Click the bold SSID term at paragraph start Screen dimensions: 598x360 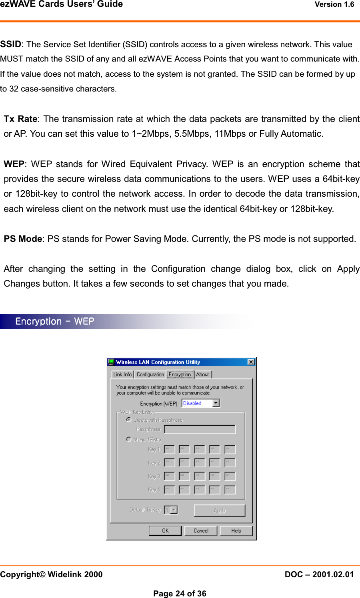[11, 44]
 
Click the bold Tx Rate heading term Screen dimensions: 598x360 [20, 119]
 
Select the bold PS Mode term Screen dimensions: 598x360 [23, 239]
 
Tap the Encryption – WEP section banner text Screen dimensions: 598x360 [55, 322]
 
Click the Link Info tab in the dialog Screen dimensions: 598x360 [122, 375]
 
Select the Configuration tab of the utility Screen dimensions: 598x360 [150, 375]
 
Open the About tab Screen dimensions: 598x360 [202, 375]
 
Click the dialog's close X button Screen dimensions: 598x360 [251, 362]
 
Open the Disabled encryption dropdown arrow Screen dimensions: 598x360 [216, 403]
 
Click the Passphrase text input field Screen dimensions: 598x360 [200, 429]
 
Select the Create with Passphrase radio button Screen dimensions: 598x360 [129, 420]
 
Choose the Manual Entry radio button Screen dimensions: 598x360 [129, 439]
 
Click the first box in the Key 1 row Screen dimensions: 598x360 [169, 449]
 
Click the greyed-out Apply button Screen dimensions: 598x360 [219, 510]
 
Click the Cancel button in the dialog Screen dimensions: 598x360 [201, 531]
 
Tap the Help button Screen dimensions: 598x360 [236, 531]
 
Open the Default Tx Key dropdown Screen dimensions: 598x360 [174, 510]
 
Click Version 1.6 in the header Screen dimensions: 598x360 [334, 5]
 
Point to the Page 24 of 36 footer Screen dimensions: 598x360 [180, 594]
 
